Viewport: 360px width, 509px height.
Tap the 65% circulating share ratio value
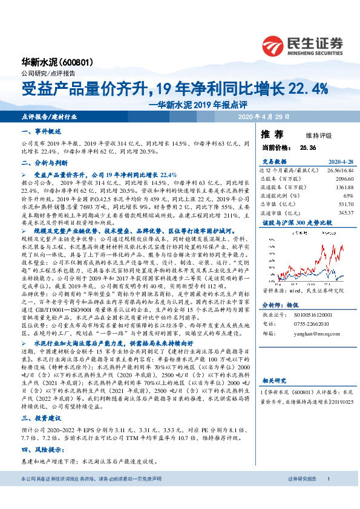tap(348, 196)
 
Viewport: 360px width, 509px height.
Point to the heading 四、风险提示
tap(39, 450)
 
